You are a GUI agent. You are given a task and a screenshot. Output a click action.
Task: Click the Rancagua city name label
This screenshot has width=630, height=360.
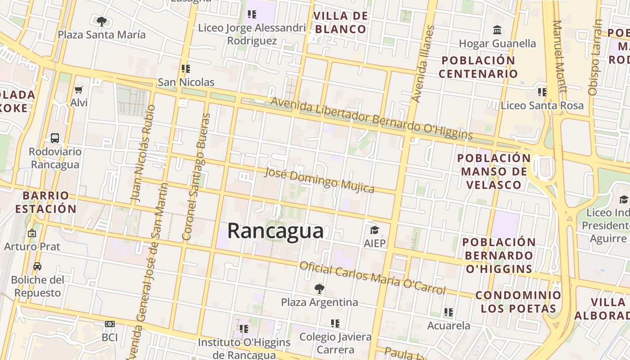pos(275,231)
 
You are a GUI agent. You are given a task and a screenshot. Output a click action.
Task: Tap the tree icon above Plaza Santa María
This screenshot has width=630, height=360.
pos(102,21)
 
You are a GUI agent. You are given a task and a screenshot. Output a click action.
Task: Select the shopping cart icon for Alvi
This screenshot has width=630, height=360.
pos(79,90)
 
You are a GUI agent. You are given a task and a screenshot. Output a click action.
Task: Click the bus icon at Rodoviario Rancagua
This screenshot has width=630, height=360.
pos(55,138)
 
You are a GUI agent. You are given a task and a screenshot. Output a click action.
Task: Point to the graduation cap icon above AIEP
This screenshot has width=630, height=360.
pos(374,230)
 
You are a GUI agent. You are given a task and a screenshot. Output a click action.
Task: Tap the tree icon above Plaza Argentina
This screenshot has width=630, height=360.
pos(319,288)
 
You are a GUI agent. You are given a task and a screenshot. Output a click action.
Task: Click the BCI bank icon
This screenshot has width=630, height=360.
pos(109,324)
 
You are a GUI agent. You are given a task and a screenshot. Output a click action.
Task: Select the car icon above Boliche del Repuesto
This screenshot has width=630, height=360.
pos(37,266)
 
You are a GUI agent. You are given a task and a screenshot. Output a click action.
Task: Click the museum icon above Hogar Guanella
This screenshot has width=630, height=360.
pos(497,30)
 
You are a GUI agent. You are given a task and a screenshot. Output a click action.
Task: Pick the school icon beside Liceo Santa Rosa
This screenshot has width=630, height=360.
pos(542,92)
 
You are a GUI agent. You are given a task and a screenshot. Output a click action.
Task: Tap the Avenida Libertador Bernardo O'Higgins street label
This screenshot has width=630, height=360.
pos(371,119)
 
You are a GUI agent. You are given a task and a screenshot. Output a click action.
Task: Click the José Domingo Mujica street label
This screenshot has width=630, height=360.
pos(319,180)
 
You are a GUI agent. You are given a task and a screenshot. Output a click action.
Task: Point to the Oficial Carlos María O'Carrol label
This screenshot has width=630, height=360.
pos(372,277)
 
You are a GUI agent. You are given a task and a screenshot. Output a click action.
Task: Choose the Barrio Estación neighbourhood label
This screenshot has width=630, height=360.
pos(45,202)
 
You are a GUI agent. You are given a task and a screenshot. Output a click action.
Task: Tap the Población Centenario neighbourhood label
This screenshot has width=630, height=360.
pos(478,67)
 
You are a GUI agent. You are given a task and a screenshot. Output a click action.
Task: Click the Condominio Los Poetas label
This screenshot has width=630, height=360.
pos(518,302)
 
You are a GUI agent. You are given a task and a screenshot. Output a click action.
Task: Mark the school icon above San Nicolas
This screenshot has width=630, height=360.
pos(185,69)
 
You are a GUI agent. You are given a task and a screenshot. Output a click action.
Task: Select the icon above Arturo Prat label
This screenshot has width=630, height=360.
pos(32,233)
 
